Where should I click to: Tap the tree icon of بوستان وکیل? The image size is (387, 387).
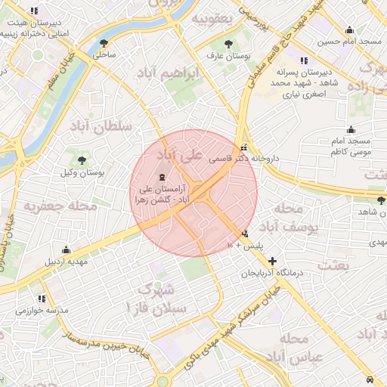(82, 159)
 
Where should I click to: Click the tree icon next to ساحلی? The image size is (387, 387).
(104, 42)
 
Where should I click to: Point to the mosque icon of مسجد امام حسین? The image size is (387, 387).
(349, 31)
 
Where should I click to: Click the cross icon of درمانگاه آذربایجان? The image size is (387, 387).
(272, 260)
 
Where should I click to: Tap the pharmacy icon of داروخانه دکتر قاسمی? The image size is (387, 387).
(243, 148)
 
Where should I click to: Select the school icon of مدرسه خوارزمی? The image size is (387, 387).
(42, 299)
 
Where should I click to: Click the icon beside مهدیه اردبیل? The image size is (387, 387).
(66, 249)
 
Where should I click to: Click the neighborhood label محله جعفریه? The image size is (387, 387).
(60, 205)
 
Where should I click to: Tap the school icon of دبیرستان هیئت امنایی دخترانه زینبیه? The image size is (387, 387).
(33, 11)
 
